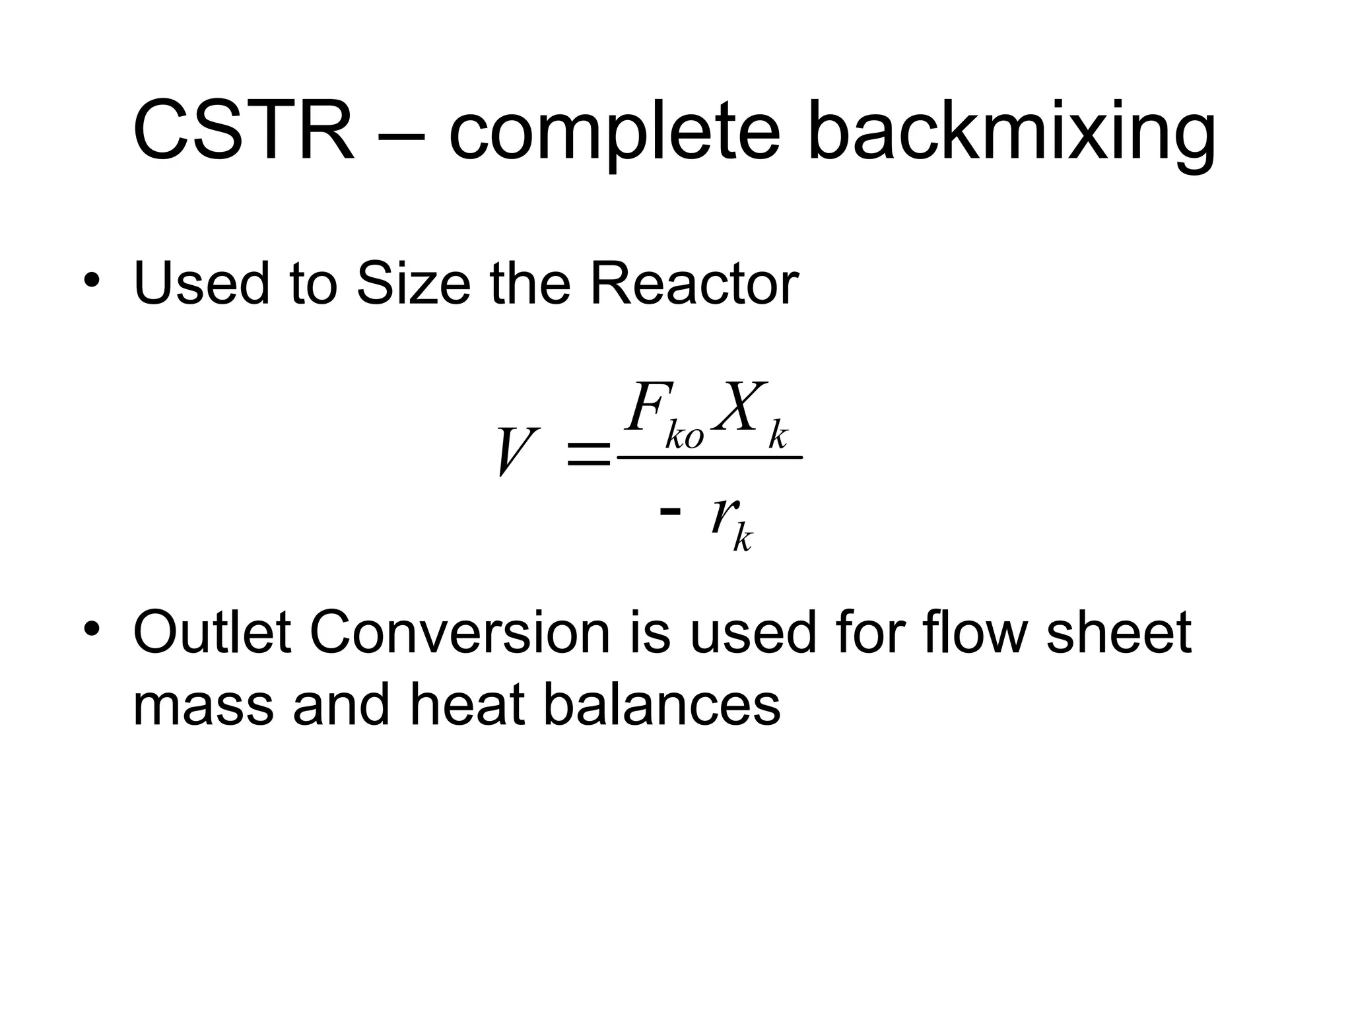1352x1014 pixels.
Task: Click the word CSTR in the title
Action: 243,130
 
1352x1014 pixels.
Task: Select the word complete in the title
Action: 614,132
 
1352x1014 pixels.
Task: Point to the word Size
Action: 413,284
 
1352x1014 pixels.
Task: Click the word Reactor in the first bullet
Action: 693,284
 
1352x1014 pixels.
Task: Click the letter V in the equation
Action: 516,452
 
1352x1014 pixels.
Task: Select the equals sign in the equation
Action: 588,456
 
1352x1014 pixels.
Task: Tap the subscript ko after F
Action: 685,436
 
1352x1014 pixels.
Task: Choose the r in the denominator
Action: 722,515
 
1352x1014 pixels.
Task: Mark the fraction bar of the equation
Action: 709,457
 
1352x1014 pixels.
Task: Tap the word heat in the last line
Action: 468,704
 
